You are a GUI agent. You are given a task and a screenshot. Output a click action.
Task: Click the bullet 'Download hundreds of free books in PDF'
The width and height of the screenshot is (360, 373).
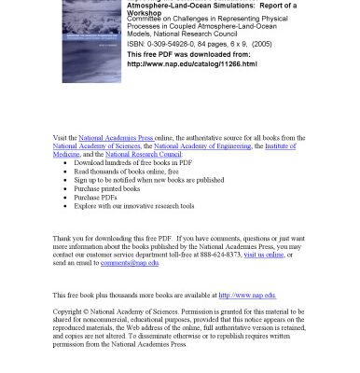[x=134, y=162]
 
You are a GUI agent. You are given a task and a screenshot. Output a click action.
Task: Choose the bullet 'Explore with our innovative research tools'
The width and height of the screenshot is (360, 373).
[x=134, y=205]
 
